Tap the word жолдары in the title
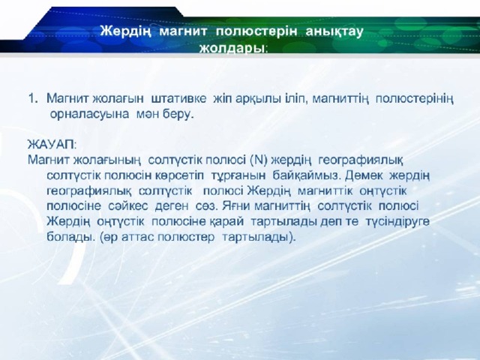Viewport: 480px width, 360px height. point(232,48)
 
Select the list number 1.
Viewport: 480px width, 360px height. point(33,98)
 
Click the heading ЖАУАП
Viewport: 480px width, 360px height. point(52,144)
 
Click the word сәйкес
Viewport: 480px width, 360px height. point(128,205)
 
